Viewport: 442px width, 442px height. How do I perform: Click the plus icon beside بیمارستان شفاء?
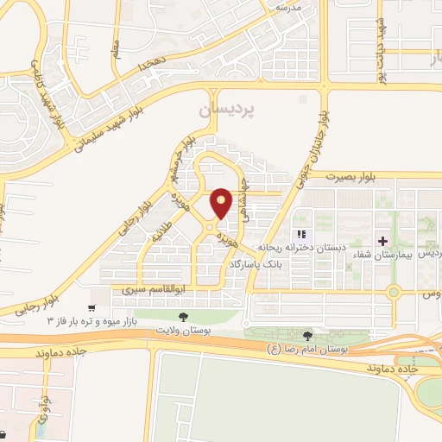(x=384, y=238)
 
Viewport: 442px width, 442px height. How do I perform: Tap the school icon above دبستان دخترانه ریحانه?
(x=300, y=235)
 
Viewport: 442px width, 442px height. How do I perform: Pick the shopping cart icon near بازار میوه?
(x=92, y=306)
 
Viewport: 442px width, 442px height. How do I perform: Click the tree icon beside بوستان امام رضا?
(x=308, y=335)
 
